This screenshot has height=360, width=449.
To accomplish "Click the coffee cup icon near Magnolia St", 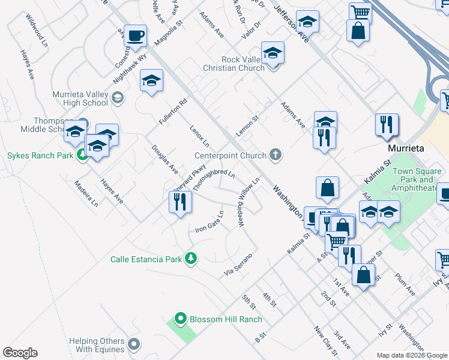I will coord(136,35).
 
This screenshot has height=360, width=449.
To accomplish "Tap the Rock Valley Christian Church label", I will coord(243,64).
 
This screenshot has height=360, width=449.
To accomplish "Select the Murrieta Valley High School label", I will coord(80,98).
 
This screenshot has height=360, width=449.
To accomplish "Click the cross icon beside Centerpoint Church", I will coord(276,155).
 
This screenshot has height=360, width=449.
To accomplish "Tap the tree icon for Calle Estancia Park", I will coord(191,259).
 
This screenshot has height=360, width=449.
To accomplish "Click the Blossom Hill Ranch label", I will coord(226,319).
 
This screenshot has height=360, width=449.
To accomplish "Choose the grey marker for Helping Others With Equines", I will coord(134,344).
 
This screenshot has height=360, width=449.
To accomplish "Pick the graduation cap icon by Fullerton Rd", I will coord(152,80).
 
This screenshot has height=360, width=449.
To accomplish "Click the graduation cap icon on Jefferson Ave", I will coord(307,23).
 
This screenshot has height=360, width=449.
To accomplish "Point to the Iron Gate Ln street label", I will coord(210,223).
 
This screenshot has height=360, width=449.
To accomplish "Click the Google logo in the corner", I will coord(20,353).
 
